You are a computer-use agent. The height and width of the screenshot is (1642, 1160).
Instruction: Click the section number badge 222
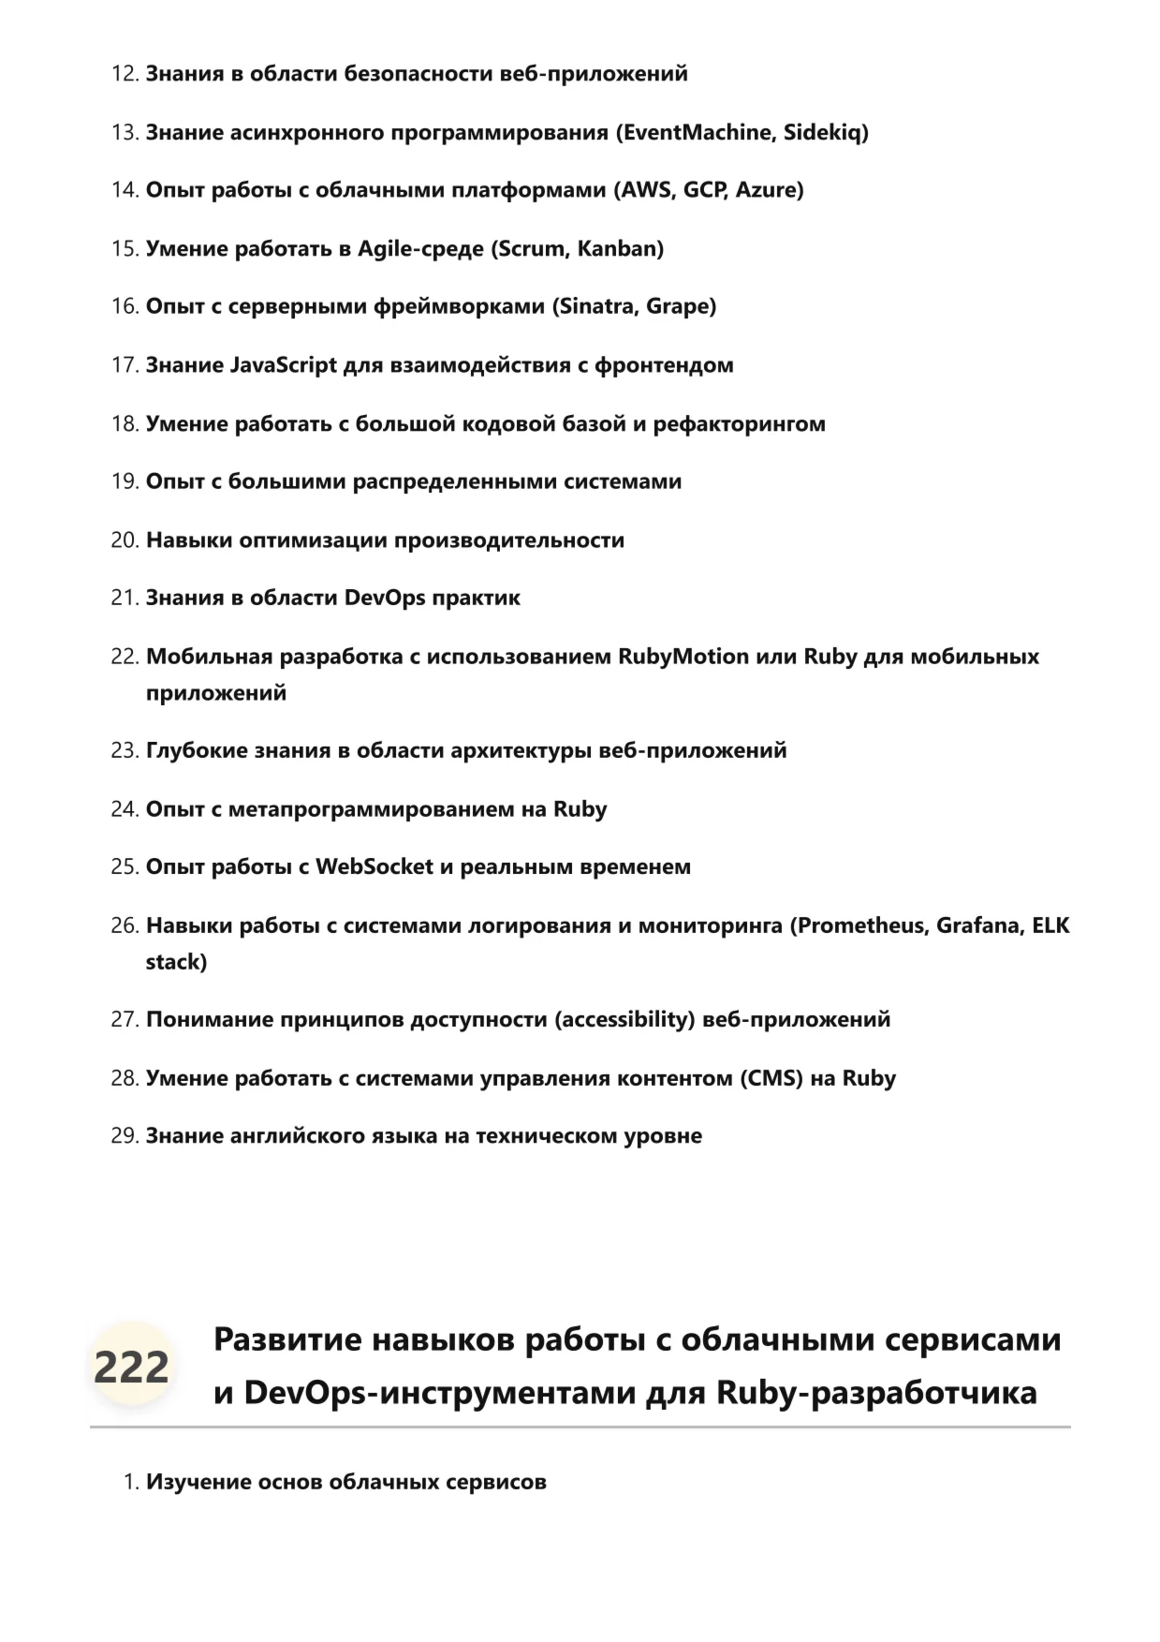[131, 1367]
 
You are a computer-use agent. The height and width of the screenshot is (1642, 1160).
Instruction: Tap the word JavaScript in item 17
[283, 365]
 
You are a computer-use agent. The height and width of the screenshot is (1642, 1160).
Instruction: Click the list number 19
[124, 481]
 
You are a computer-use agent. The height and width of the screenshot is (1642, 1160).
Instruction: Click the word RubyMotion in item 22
[683, 657]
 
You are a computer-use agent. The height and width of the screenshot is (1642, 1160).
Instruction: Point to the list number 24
[124, 809]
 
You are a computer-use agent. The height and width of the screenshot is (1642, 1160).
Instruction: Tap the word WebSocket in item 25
[374, 867]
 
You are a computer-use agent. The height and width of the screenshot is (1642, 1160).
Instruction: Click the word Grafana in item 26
[979, 926]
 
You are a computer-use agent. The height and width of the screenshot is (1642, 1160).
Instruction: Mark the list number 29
[124, 1136]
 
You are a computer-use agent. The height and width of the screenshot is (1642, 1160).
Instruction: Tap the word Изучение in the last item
[198, 1483]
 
